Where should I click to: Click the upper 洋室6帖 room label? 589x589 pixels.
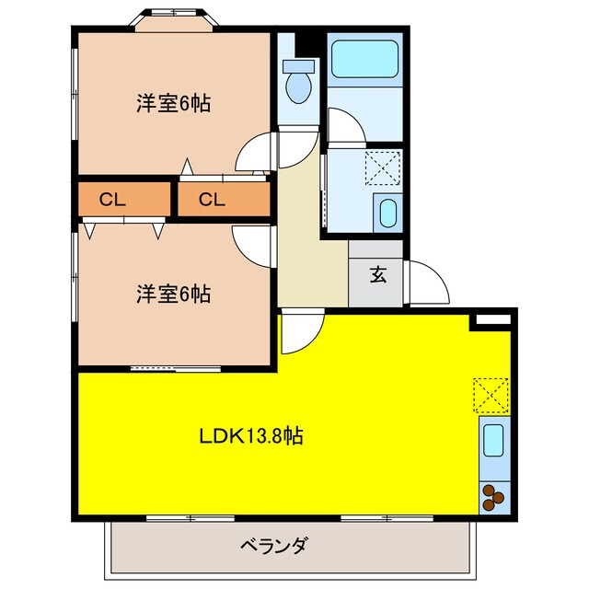tap(174, 104)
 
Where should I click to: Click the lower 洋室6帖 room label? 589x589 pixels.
tap(174, 294)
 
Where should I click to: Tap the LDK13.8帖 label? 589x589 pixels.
tap(251, 435)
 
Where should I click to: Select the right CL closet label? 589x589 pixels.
tap(211, 200)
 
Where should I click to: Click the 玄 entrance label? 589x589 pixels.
tap(378, 274)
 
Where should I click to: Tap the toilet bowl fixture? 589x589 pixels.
tap(298, 83)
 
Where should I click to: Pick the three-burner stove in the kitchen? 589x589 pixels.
tap(492, 497)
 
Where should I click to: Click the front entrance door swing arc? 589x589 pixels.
tap(427, 282)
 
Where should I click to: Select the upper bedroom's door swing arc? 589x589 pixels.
tap(256, 153)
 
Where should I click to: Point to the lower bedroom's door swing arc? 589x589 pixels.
tap(254, 244)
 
